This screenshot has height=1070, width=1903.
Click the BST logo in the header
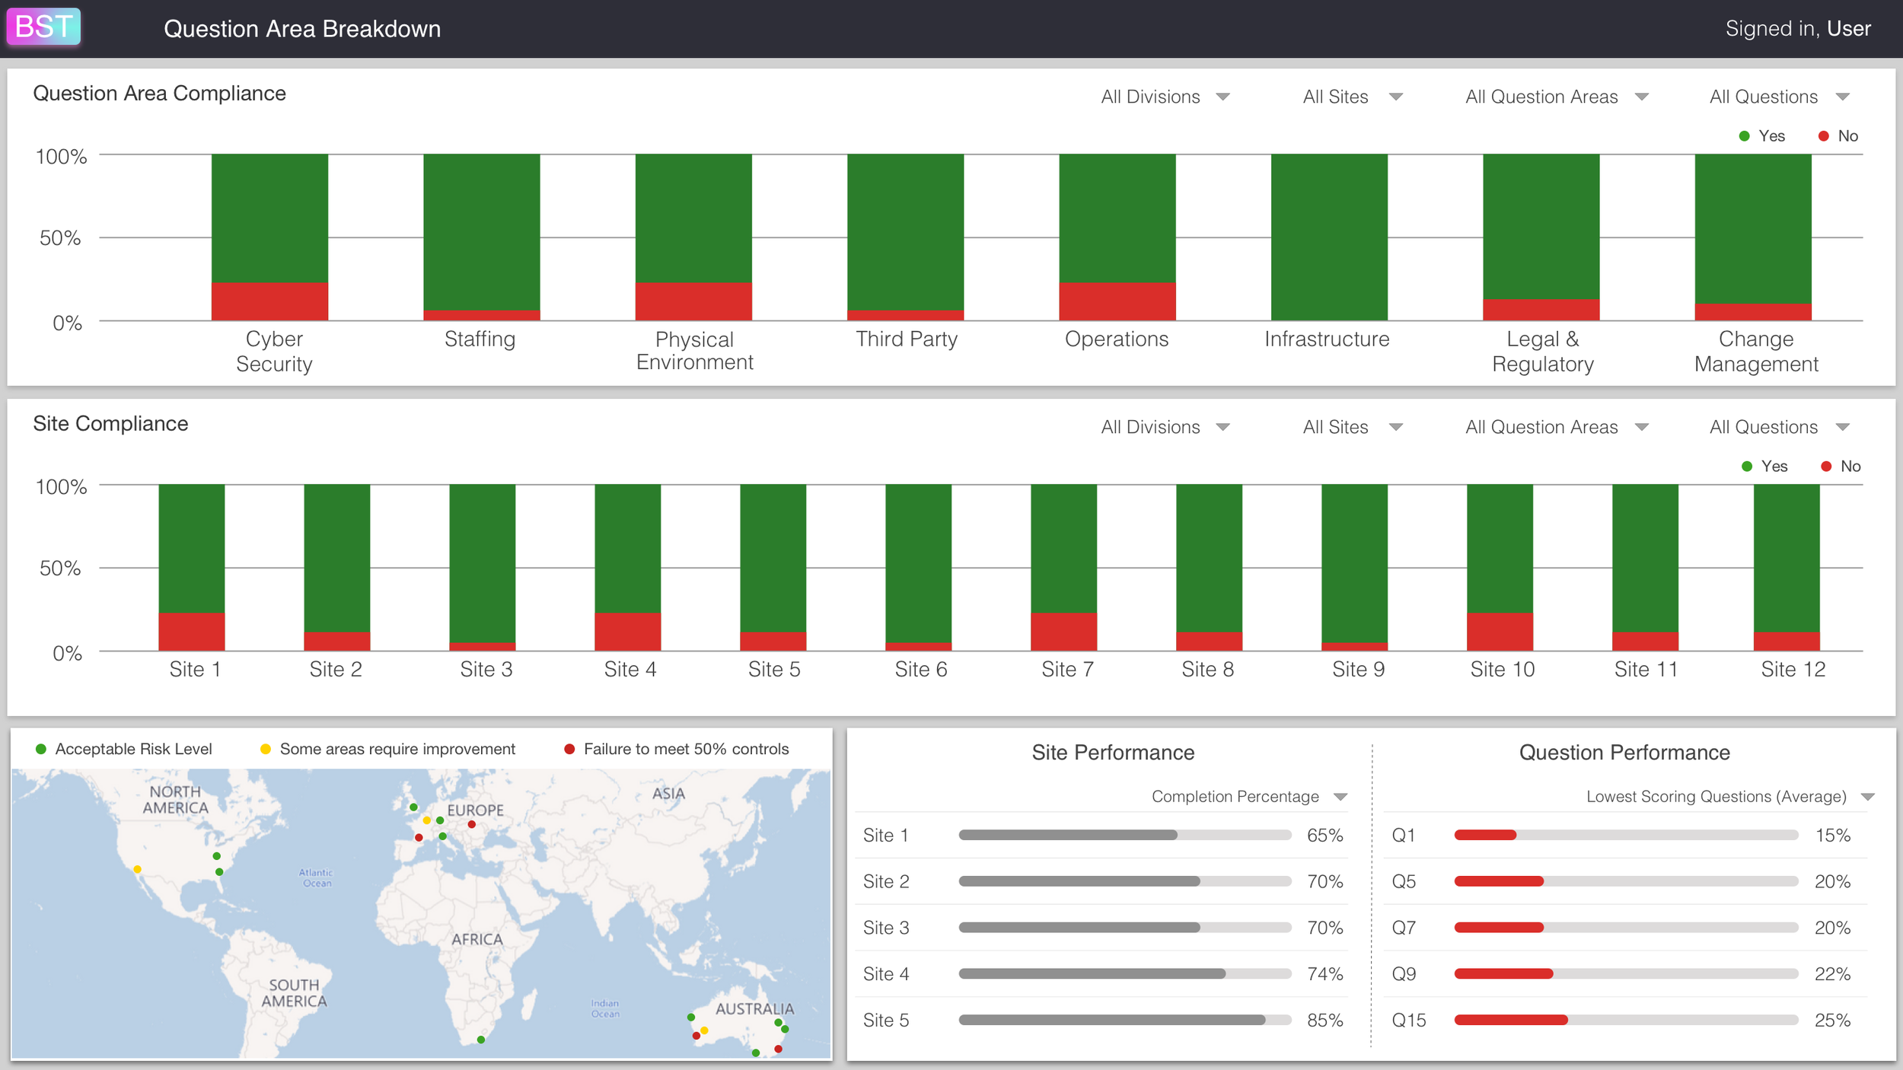tap(43, 27)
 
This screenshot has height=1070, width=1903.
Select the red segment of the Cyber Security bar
tap(269, 301)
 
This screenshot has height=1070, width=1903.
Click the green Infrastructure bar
tap(1328, 237)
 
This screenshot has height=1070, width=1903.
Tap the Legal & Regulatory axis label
tap(1542, 351)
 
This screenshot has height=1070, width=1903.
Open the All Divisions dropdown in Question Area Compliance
tap(1165, 97)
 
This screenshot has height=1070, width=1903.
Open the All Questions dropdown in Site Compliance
tap(1778, 427)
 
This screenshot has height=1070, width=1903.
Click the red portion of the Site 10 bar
tap(1499, 632)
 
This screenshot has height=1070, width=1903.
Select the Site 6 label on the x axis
tap(920, 669)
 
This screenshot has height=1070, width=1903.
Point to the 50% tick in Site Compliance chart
tap(60, 568)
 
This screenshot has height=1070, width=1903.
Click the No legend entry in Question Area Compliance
tap(1839, 136)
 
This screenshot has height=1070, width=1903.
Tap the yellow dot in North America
tap(137, 869)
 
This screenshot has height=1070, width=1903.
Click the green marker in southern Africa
tap(481, 1040)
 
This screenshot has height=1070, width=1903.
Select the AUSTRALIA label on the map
tap(754, 1008)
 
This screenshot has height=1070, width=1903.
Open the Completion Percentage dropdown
tap(1248, 797)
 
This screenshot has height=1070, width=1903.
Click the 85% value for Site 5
tap(1324, 1021)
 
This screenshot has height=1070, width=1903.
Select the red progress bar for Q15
tap(1510, 1020)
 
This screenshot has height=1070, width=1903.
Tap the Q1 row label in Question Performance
tap(1403, 836)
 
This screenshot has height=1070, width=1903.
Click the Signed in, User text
tap(1797, 28)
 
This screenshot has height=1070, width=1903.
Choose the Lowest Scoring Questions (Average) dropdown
tap(1729, 797)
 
